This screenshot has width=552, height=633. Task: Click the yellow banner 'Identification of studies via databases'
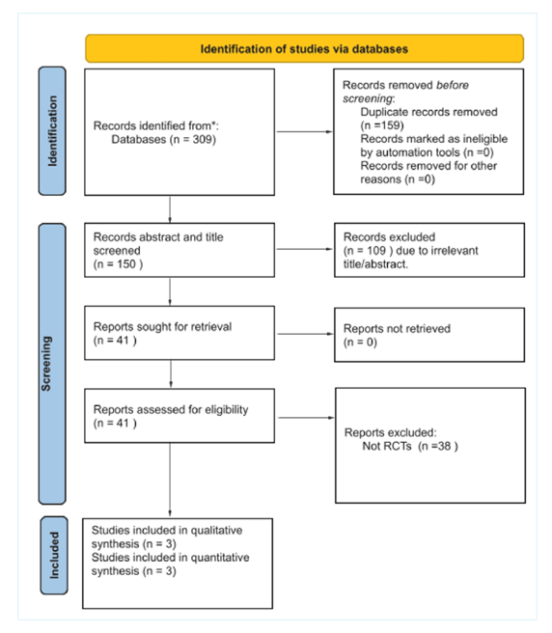point(304,48)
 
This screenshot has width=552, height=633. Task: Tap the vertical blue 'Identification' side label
point(53,127)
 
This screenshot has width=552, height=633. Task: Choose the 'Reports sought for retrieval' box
point(170,334)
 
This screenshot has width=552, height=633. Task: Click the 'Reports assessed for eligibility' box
point(170,416)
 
